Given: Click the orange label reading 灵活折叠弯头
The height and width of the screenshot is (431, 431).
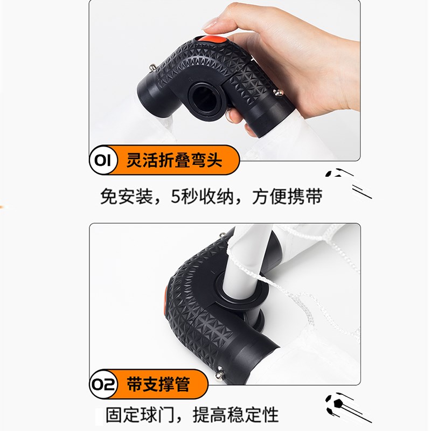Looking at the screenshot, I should (x=174, y=161).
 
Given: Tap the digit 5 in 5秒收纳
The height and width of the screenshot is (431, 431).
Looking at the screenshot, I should (x=177, y=197).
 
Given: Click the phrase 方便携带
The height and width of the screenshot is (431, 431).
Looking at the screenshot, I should (x=288, y=197).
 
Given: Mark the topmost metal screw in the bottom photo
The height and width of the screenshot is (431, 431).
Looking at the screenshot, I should (x=221, y=235).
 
